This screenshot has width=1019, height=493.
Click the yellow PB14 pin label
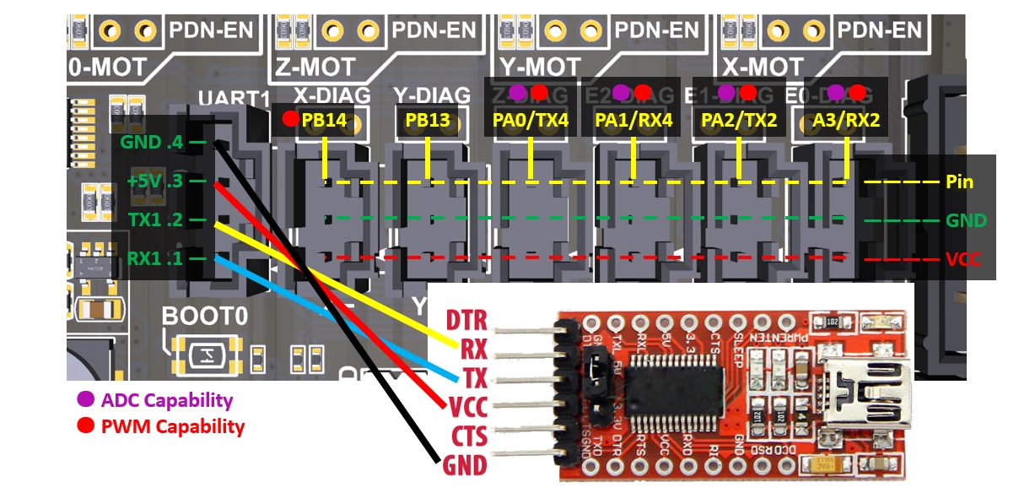(x=325, y=120)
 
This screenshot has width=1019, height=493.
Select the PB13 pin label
(x=428, y=120)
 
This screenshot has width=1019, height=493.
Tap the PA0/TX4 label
(x=531, y=120)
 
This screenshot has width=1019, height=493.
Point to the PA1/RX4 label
(x=634, y=120)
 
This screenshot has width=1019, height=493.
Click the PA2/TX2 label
(x=739, y=120)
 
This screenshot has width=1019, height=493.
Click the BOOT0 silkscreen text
(x=206, y=317)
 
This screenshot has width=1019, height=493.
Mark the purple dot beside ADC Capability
(x=85, y=399)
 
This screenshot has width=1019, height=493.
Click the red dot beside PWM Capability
(x=85, y=426)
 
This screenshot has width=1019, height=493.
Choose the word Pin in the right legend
(x=960, y=181)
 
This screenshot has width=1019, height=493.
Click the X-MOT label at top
(x=763, y=66)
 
